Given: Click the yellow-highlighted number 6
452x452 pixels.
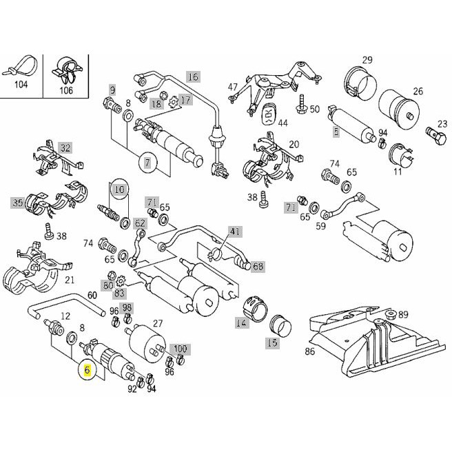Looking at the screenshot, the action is [88, 370].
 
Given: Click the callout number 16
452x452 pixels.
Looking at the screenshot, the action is [194, 76].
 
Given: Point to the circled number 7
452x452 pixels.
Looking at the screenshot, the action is [147, 163].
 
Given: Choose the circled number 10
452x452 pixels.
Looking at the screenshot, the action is [119, 189].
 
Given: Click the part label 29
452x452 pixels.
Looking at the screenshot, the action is [367, 60].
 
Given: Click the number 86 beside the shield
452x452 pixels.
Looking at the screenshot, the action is [310, 351].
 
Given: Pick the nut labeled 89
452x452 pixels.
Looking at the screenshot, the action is [391, 314].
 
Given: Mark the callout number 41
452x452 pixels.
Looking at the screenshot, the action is [235, 232].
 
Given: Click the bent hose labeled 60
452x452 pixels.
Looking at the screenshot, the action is [67, 305].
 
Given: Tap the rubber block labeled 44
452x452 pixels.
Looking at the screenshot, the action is [269, 114].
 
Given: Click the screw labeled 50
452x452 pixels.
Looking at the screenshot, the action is [302, 104].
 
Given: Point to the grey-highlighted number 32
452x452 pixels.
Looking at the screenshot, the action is [65, 147].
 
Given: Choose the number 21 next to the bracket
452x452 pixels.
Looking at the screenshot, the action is [70, 280].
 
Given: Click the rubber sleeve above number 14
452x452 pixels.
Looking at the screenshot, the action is [256, 309].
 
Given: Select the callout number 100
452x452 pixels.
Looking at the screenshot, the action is [180, 349].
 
